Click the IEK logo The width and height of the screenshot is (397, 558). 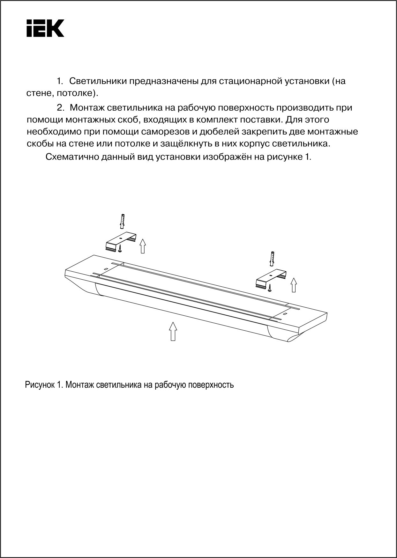click(x=45, y=28)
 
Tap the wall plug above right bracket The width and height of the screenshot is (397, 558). click(x=272, y=259)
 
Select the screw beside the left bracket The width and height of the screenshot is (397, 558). click(x=120, y=249)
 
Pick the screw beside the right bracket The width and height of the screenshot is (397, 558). click(x=270, y=288)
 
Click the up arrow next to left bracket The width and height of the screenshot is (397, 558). click(x=143, y=246)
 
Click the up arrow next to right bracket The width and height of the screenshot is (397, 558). click(x=294, y=285)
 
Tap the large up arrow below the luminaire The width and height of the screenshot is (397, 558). click(x=173, y=331)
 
